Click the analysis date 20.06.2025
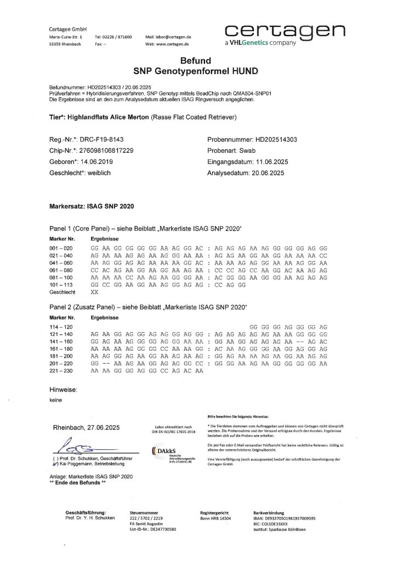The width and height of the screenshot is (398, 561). pyautogui.click(x=270, y=173)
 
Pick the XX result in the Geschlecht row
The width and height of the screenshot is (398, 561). pyautogui.click(x=94, y=293)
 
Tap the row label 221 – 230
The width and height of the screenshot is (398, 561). pyautogui.click(x=61, y=371)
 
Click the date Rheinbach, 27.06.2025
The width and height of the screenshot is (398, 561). pyautogui.click(x=86, y=427)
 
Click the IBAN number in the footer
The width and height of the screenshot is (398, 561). pyautogui.click(x=293, y=518)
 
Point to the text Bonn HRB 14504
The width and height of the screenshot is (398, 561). pyautogui.click(x=215, y=518)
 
